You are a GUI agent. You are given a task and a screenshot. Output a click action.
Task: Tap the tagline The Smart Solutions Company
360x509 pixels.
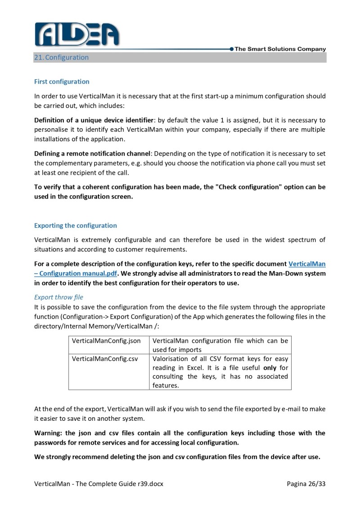(x=280, y=49)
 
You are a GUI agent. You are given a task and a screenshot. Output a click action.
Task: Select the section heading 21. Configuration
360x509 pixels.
(x=61, y=57)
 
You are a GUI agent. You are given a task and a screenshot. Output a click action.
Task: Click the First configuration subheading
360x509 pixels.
(x=62, y=81)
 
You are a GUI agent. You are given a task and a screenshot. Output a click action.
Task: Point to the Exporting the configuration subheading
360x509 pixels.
(x=75, y=225)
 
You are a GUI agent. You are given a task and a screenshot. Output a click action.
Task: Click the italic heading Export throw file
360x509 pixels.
(x=58, y=297)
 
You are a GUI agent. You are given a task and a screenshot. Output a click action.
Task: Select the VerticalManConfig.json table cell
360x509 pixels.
(x=106, y=341)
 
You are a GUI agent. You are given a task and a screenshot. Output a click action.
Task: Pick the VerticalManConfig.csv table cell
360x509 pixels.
(x=105, y=359)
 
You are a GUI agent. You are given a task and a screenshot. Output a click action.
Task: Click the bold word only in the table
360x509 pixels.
(x=270, y=368)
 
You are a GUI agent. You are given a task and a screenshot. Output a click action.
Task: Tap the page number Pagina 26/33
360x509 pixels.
(x=306, y=484)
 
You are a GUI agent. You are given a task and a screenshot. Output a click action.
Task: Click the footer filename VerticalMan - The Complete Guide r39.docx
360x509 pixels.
(x=99, y=484)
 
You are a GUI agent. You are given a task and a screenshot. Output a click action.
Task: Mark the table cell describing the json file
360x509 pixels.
(x=220, y=345)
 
